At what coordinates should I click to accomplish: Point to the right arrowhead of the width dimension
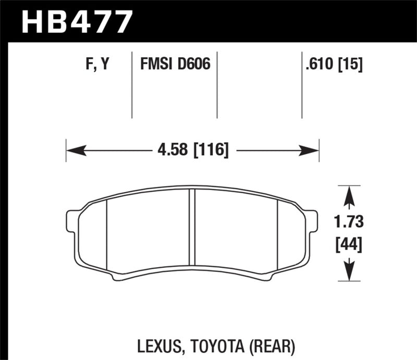point(311,151)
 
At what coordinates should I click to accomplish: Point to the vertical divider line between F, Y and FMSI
point(131,86)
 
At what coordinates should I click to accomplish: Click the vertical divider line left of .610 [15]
point(302,86)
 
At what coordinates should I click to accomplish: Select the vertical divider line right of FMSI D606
point(216,86)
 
